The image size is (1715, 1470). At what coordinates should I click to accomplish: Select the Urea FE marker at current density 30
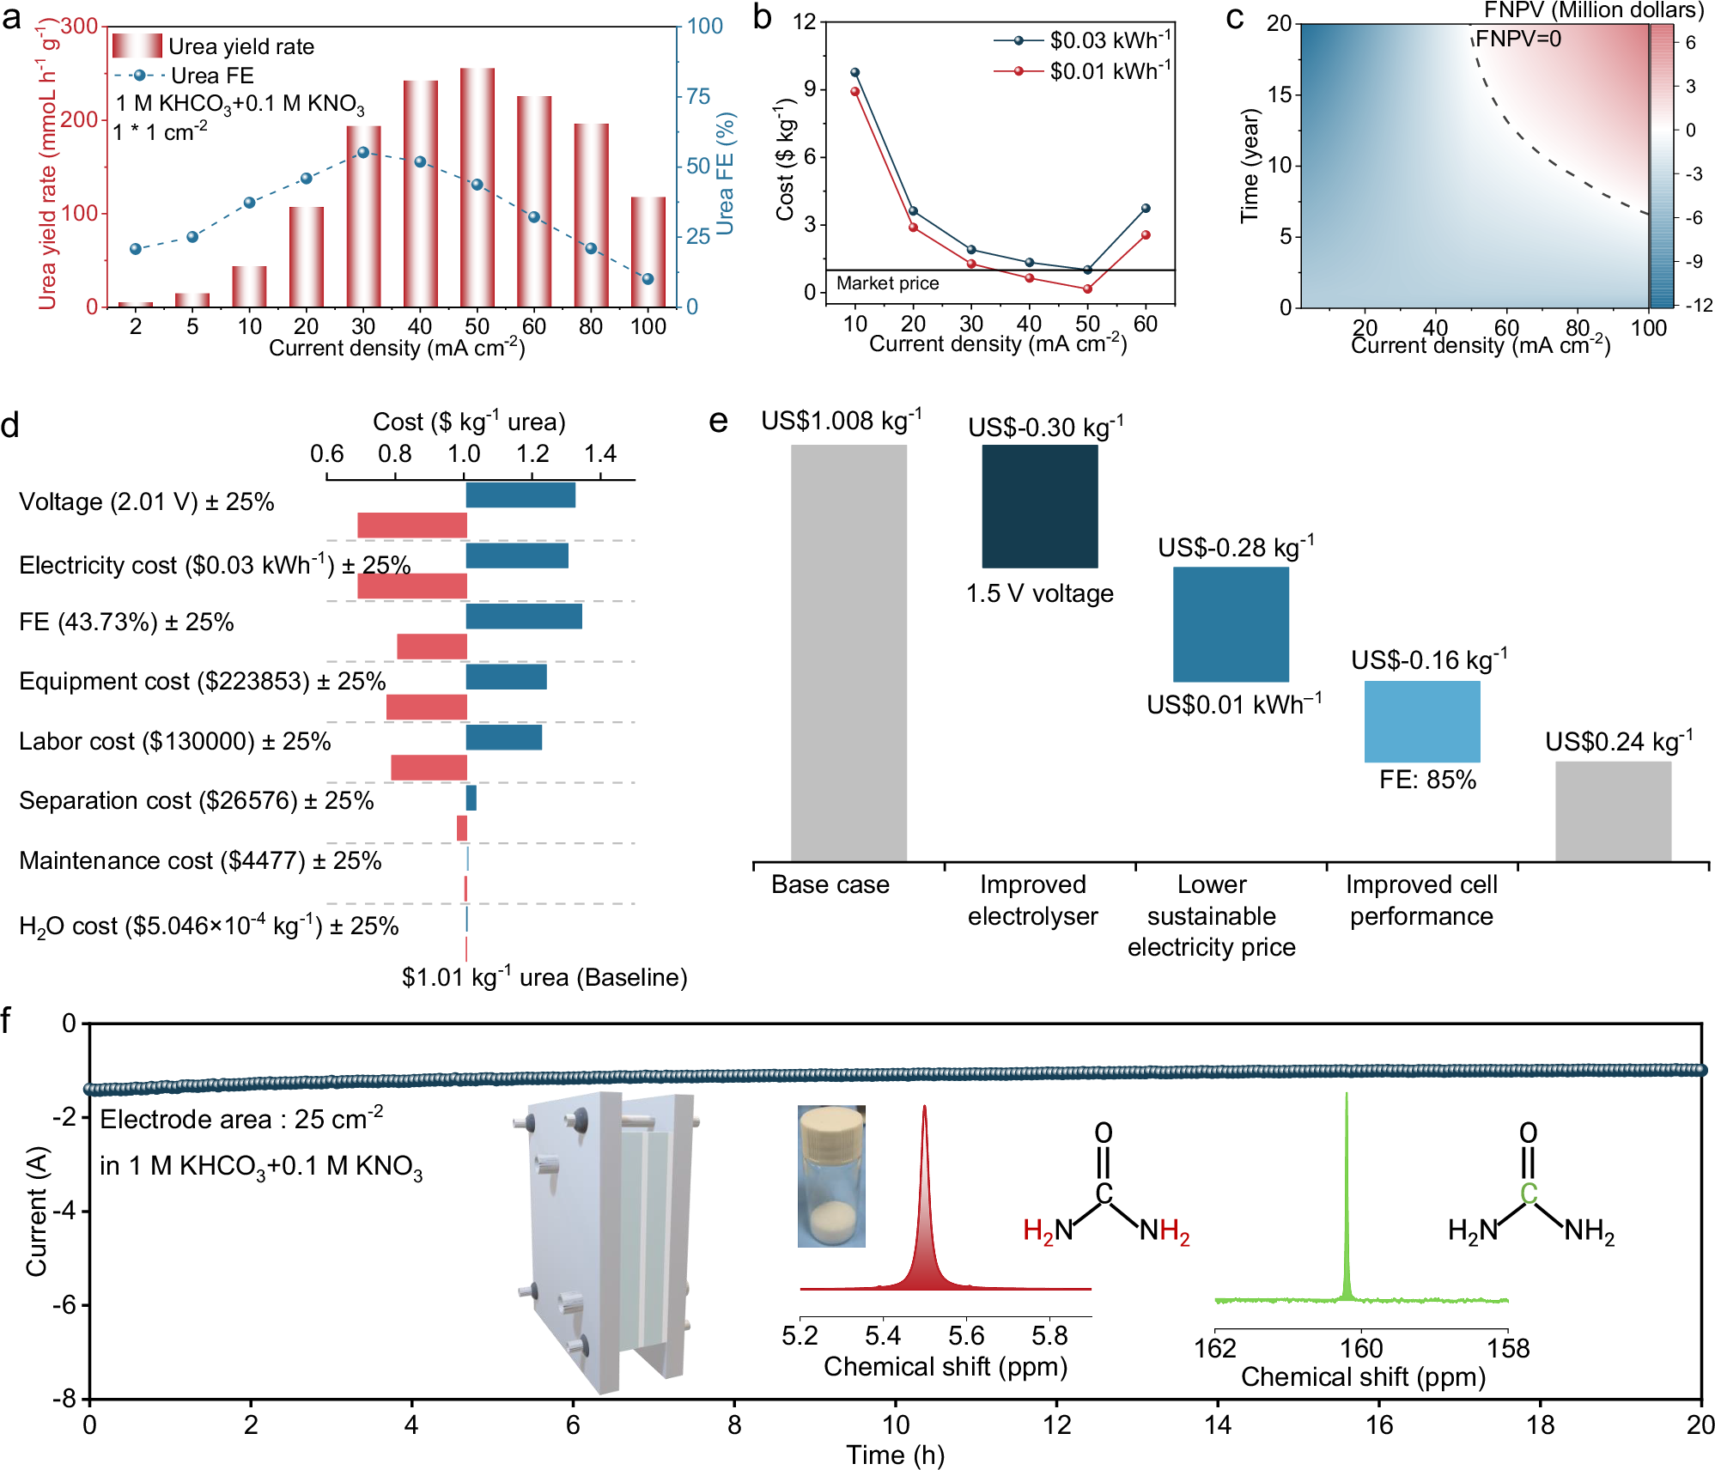(x=363, y=152)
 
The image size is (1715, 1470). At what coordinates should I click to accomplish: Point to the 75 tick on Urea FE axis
(x=698, y=96)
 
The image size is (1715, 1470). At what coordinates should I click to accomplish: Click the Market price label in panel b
(x=887, y=283)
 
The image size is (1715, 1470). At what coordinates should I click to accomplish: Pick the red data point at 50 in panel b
(x=1087, y=289)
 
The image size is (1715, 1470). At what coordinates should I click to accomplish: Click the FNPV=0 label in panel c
(x=1518, y=39)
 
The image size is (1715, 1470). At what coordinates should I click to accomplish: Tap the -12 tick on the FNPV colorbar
(x=1697, y=306)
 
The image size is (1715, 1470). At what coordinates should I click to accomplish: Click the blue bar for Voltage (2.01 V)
(x=520, y=495)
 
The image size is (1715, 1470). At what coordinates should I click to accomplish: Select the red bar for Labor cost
(x=429, y=768)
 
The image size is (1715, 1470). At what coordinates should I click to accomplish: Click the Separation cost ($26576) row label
(x=196, y=800)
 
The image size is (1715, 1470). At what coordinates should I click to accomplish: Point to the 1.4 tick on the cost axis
(x=600, y=453)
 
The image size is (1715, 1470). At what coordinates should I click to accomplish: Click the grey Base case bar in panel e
(x=848, y=653)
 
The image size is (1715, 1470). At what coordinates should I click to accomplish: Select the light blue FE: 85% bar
(x=1422, y=721)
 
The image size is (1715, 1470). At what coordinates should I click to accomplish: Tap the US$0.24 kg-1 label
(x=1619, y=742)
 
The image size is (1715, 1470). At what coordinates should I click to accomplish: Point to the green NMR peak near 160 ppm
(x=1347, y=1202)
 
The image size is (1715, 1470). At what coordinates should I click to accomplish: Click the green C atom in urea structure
(x=1529, y=1194)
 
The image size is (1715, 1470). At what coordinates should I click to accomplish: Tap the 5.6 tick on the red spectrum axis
(x=966, y=1335)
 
